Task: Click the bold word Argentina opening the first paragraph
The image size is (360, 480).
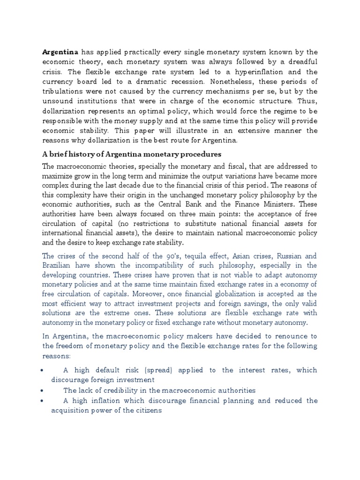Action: coord(60,52)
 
